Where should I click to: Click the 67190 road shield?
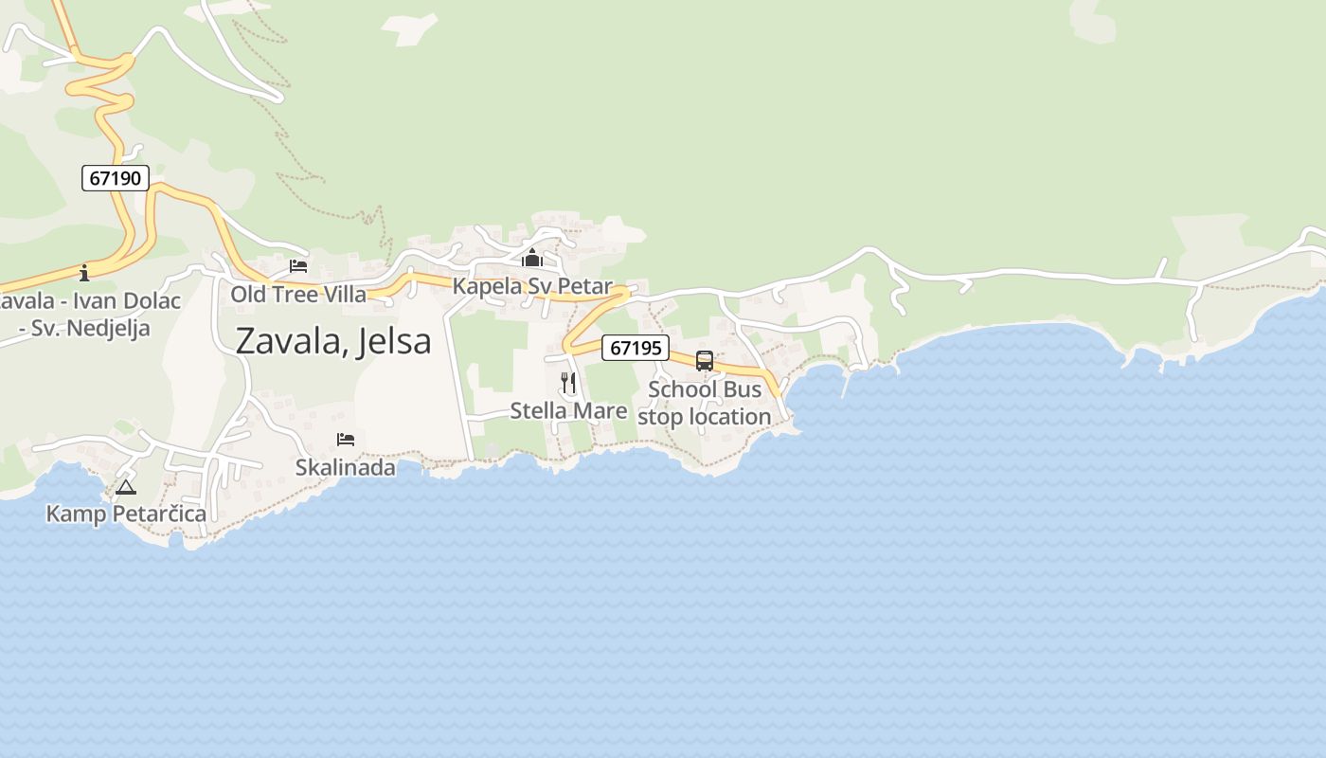(116, 178)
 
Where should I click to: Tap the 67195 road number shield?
(636, 348)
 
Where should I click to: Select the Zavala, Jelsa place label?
(333, 341)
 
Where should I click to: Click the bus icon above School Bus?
(705, 361)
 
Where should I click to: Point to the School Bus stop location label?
(705, 404)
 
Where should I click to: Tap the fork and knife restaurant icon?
(568, 383)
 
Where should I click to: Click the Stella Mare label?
(568, 410)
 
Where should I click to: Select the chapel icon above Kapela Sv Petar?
(532, 258)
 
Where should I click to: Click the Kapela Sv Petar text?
(532, 286)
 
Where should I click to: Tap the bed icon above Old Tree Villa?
(298, 266)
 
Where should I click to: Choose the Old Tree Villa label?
(298, 295)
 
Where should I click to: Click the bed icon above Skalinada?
(346, 440)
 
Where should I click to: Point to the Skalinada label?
(346, 467)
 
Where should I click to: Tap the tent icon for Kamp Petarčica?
(126, 487)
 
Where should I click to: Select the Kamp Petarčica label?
(126, 514)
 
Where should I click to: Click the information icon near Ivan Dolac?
(84, 273)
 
